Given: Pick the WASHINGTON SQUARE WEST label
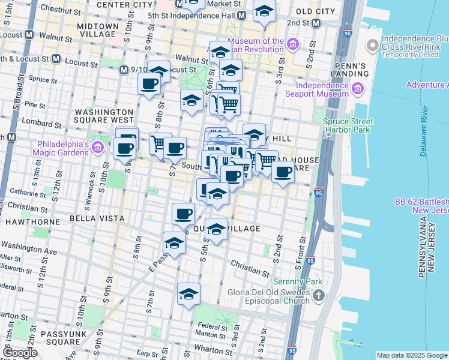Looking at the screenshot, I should click(x=104, y=116).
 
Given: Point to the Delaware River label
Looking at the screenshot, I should click(x=424, y=131).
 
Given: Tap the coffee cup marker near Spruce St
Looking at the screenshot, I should click(x=149, y=84).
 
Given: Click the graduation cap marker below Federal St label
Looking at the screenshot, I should click(x=188, y=295).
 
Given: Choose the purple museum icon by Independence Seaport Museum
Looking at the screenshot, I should click(x=358, y=89).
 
